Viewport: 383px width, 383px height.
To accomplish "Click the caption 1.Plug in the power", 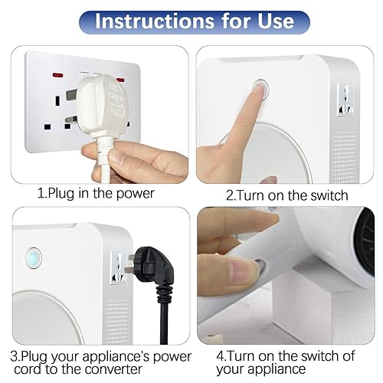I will [x=97, y=193].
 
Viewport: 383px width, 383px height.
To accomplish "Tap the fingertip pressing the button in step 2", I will [x=259, y=90].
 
